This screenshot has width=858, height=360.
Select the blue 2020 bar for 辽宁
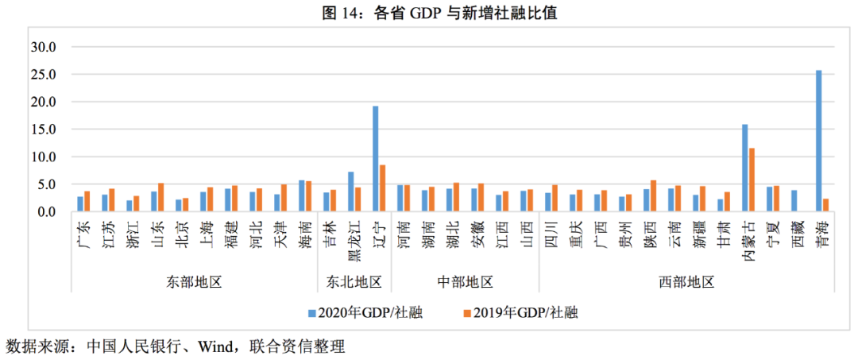[375, 159]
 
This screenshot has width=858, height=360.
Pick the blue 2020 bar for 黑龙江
[350, 192]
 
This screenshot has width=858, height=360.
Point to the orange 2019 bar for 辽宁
[382, 188]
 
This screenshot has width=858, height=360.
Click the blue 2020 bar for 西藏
[794, 201]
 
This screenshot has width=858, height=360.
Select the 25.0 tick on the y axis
[44, 75]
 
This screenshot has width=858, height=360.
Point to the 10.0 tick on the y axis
[44, 157]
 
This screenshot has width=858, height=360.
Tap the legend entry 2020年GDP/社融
[364, 312]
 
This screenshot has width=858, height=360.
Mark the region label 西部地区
[686, 282]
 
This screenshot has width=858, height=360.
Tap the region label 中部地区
[466, 282]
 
